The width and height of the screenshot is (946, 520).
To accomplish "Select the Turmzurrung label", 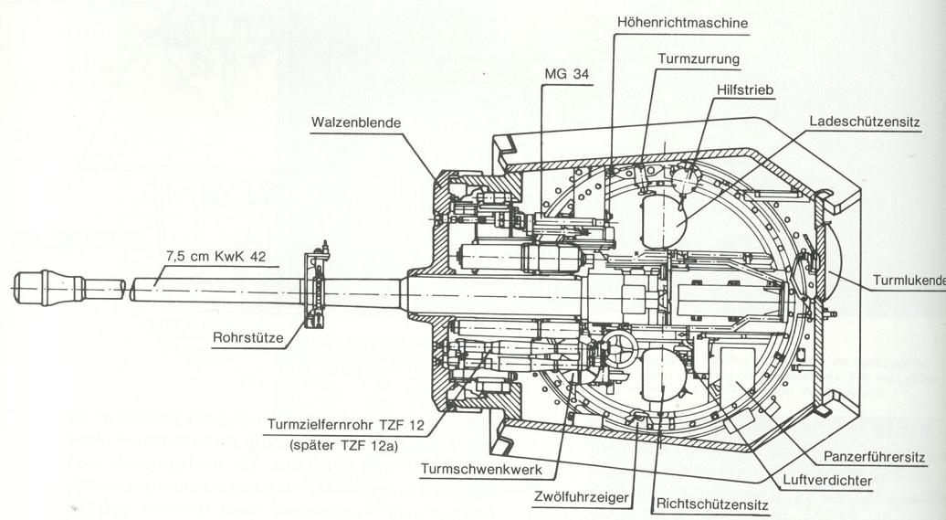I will [699, 58].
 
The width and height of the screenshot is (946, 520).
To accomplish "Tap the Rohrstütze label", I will [248, 337].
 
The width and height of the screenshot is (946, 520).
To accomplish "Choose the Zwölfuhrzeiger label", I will [582, 495].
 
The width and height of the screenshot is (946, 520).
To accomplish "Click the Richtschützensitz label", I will [710, 503].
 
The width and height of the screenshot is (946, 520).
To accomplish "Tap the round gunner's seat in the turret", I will [661, 375].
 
